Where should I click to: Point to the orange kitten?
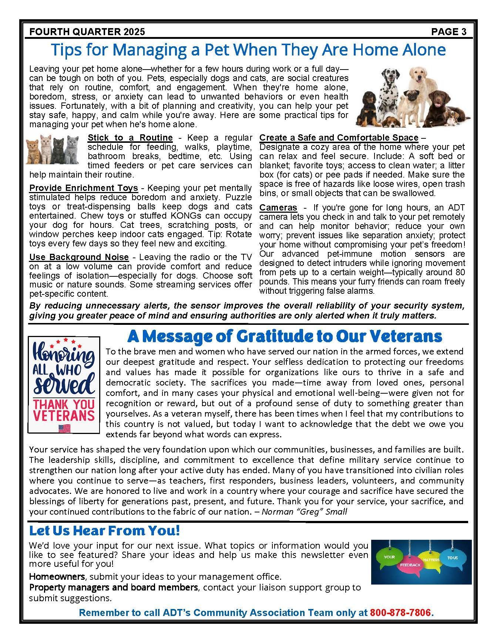pos(34,148)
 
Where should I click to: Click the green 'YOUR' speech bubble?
pos(390,557)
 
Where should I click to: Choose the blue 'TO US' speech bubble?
pos(452,557)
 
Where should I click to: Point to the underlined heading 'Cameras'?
pos(278,208)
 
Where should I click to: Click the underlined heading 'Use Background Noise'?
pos(79,257)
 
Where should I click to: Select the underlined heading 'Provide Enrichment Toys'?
pos(84,188)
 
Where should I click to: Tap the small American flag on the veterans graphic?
pos(64,428)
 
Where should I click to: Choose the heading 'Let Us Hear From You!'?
pos(104,531)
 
